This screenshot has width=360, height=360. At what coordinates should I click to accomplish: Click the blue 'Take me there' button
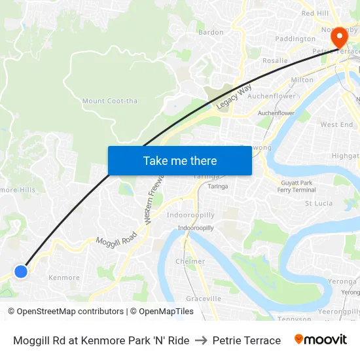[180, 160]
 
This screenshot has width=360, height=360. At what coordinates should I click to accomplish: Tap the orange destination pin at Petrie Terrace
[338, 38]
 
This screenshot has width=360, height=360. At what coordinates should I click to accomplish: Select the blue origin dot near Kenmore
[21, 270]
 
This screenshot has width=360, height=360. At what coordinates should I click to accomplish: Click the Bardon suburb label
[211, 32]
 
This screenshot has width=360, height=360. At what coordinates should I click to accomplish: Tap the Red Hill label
[315, 13]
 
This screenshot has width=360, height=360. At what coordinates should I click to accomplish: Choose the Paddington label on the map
[295, 39]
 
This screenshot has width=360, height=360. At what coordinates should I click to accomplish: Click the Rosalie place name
[275, 61]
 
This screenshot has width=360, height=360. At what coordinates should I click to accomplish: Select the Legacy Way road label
[234, 96]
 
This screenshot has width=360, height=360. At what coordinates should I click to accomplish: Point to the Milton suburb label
[302, 80]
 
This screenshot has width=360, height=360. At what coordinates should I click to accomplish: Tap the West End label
[336, 124]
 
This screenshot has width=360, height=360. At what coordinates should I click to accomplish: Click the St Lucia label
[319, 204]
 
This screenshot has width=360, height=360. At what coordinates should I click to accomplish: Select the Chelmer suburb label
[190, 261]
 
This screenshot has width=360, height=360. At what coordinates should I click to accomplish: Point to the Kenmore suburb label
[64, 278]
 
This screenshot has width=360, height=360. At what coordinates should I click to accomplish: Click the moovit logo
[320, 340]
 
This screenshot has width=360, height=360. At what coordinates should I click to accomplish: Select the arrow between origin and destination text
[201, 340]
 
